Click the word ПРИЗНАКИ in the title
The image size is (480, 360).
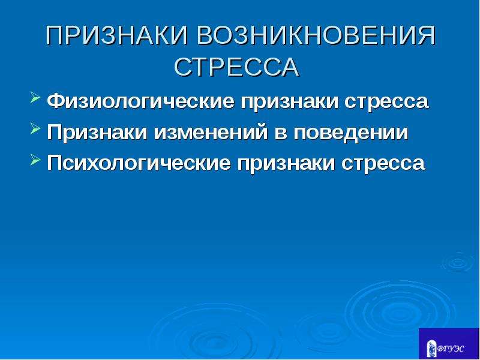point(116,35)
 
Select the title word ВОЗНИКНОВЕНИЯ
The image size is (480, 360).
point(317,35)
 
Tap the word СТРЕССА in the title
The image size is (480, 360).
point(236,67)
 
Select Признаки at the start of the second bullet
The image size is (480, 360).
point(97,132)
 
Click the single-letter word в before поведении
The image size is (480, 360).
point(281,133)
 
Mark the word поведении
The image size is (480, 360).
point(351,133)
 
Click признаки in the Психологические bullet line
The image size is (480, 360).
point(286,163)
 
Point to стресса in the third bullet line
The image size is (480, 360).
point(383,163)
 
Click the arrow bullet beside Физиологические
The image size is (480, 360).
point(35,98)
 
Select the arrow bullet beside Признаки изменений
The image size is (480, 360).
point(35,129)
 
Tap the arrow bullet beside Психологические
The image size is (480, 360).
point(35,160)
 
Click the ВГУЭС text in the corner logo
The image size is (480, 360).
point(451,349)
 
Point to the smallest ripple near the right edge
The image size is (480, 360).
point(458,262)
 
